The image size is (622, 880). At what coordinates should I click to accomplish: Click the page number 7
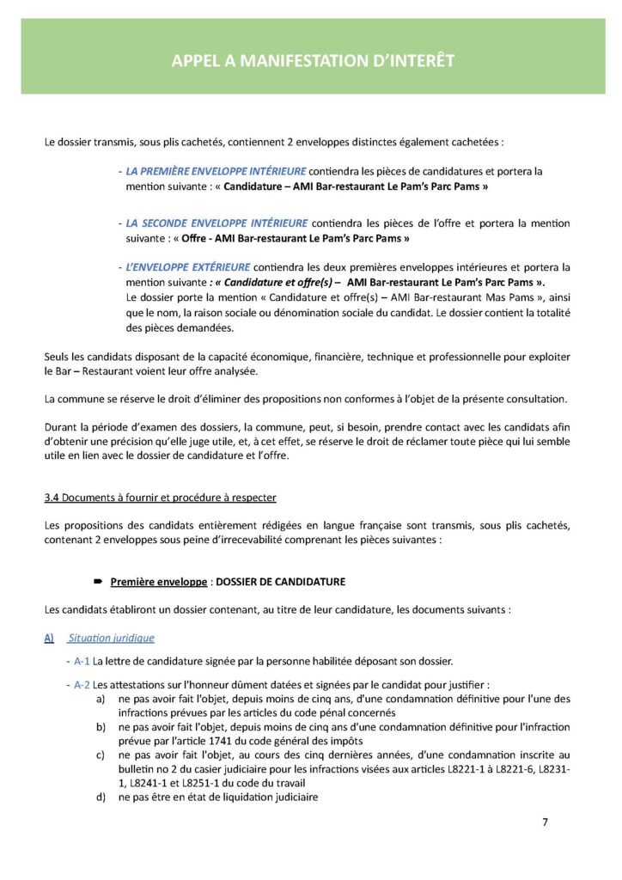(x=545, y=822)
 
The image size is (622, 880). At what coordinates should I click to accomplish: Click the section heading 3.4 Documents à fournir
(x=160, y=498)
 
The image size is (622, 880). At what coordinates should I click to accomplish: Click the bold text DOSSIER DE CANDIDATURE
(x=281, y=582)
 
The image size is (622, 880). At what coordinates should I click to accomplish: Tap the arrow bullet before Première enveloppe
(x=99, y=582)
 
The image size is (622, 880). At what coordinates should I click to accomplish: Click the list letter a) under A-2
(x=101, y=700)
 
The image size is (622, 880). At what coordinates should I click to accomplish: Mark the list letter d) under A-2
(x=101, y=797)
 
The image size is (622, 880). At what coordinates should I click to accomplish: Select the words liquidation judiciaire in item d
(x=272, y=797)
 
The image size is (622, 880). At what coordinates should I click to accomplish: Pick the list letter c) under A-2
(x=101, y=755)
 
